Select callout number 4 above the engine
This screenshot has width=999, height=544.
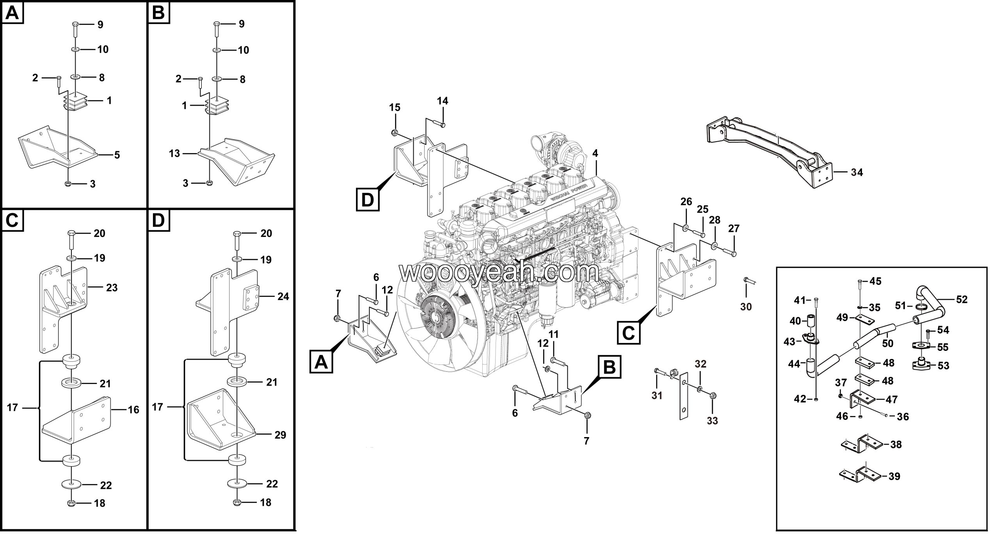[x=595, y=154]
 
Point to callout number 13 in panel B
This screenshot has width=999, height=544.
[x=174, y=153]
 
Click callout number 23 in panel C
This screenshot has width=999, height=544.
[x=112, y=288]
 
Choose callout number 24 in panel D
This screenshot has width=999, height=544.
[x=283, y=297]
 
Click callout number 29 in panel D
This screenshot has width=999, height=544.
[x=280, y=435]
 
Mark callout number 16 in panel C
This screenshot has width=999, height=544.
[x=133, y=409]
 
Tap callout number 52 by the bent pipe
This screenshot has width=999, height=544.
[x=962, y=300]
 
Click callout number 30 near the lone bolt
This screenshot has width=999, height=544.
[x=746, y=307]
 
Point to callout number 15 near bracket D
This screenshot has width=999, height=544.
[x=395, y=107]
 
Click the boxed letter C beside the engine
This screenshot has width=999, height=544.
[x=629, y=332]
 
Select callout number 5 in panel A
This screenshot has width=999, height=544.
[x=117, y=155]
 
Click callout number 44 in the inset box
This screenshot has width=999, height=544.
[x=794, y=364]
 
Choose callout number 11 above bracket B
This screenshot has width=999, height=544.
[x=554, y=334]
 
